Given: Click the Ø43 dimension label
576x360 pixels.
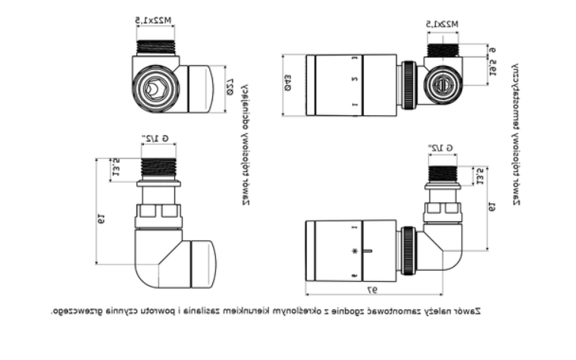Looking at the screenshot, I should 288,86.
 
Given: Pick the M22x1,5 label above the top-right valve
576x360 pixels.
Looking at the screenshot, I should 443,25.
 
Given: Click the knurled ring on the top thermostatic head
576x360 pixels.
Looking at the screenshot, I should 408,84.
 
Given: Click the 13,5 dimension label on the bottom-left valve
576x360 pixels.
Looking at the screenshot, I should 116,168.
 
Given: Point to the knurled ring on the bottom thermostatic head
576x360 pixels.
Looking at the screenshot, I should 407,250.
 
